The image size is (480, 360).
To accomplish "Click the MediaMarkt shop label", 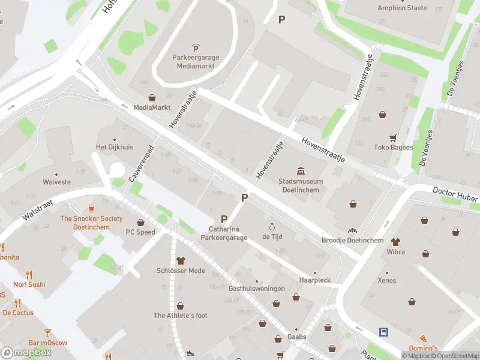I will pos(151,107).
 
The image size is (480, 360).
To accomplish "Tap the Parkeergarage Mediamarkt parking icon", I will pos(195,48).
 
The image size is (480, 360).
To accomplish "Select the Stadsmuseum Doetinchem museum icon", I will pos(301,171).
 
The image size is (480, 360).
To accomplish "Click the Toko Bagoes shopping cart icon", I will pos(393,137).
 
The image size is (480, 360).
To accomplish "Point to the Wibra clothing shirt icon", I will pos(395,242).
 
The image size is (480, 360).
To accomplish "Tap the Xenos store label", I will pos(387,280).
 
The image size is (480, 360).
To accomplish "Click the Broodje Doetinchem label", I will pos(352,241).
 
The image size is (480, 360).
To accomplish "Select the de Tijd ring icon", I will pos(272,227).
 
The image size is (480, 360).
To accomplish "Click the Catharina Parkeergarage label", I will pos(228,233).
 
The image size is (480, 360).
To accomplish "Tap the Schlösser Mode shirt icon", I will pos(181,260).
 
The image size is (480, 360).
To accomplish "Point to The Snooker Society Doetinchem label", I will pos(91,223).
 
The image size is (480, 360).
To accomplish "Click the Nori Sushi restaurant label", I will pos(29,284).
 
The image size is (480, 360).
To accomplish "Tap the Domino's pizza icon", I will pos(424,339).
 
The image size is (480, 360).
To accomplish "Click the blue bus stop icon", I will pos(383,331).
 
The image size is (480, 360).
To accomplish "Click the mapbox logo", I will pos(26,353).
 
